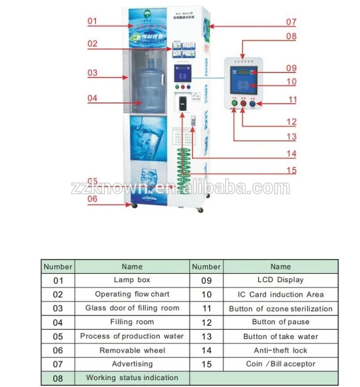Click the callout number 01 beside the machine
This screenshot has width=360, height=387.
coord(93,21)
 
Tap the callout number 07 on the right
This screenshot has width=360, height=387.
coord(291,22)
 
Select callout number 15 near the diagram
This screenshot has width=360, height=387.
coord(291,171)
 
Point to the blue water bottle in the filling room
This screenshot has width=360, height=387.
coord(146,89)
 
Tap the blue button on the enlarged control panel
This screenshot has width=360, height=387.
coord(252,104)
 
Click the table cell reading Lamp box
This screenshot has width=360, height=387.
coord(132,280)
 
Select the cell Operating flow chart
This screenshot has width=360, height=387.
coord(132,294)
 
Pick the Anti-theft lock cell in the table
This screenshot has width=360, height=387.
coord(280,350)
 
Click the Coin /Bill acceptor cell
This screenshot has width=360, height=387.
coord(280,364)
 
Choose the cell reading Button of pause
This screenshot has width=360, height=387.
coord(280,322)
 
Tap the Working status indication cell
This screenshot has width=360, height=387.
coord(132,378)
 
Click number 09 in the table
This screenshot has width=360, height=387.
coord(206,280)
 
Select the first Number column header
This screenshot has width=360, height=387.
coord(58,266)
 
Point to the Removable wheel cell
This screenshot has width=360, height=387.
coord(132,350)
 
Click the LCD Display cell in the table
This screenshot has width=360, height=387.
coord(280,280)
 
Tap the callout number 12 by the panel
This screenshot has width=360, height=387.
coord(291,122)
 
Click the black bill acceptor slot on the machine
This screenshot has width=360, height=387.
coord(183,103)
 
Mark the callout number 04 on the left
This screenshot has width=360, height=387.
coord(93,98)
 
